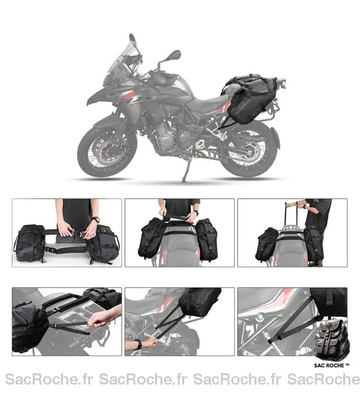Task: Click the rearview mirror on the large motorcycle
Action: (174, 55)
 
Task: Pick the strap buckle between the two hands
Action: (78, 233)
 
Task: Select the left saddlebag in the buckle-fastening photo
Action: (30, 243)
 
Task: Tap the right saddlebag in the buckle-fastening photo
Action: (103, 243)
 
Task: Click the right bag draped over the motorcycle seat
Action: (207, 239)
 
